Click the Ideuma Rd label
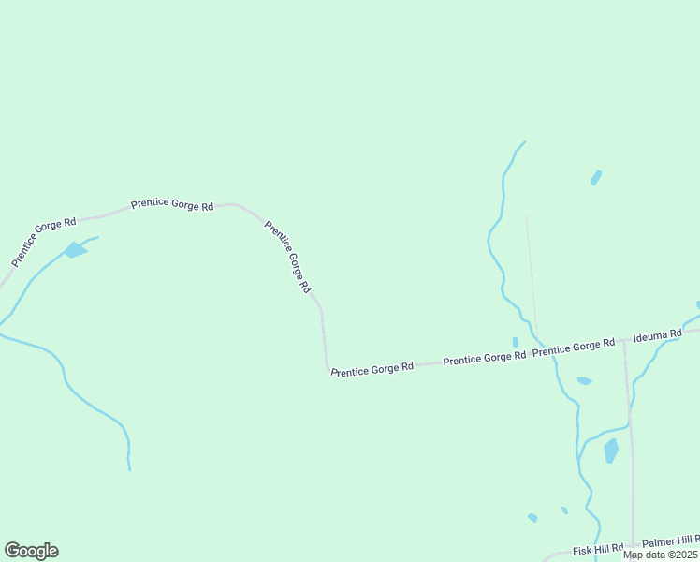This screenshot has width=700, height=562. click(x=658, y=336)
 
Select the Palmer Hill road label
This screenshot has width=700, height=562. click(x=671, y=541)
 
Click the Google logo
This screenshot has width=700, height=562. click(x=31, y=551)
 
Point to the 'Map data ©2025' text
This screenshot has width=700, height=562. click(x=661, y=555)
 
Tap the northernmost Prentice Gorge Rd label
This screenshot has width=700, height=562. click(x=172, y=204)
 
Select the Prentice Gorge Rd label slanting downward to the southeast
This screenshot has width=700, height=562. click(x=287, y=257)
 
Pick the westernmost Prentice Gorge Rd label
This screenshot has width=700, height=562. click(x=43, y=241)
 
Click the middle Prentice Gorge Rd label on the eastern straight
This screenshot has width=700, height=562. click(x=484, y=358)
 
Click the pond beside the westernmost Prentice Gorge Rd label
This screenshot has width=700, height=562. click(x=75, y=250)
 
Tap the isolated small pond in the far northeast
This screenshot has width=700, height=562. click(x=595, y=177)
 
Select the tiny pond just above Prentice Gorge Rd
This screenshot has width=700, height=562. click(x=515, y=342)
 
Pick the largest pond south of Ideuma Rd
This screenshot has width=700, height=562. click(x=611, y=451)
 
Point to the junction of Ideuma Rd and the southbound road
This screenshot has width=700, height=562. click(x=624, y=342)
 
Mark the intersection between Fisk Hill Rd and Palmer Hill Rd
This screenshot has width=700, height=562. click(x=634, y=545)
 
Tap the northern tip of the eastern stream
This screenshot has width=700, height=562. click(x=524, y=141)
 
